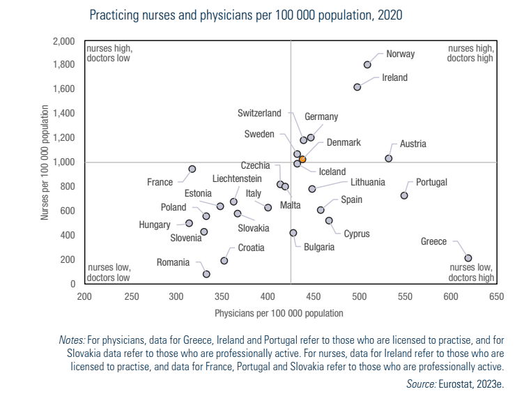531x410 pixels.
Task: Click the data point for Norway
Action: (x=367, y=65)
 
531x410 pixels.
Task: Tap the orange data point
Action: (x=302, y=159)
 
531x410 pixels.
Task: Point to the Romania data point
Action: (x=206, y=274)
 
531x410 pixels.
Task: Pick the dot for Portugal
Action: (x=404, y=195)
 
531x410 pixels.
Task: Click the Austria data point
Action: (x=389, y=158)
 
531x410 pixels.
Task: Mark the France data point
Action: (x=192, y=169)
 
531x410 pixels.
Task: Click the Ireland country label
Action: (x=394, y=77)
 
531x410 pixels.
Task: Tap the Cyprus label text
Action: (x=356, y=234)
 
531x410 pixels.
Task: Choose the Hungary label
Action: (x=155, y=225)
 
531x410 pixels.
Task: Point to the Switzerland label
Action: (x=259, y=113)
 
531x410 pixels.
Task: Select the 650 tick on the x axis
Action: (x=496, y=296)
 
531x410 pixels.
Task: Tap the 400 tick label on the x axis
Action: (x=268, y=296)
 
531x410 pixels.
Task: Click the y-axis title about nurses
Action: (x=45, y=162)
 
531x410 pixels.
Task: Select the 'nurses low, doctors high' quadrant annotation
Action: (x=471, y=273)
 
